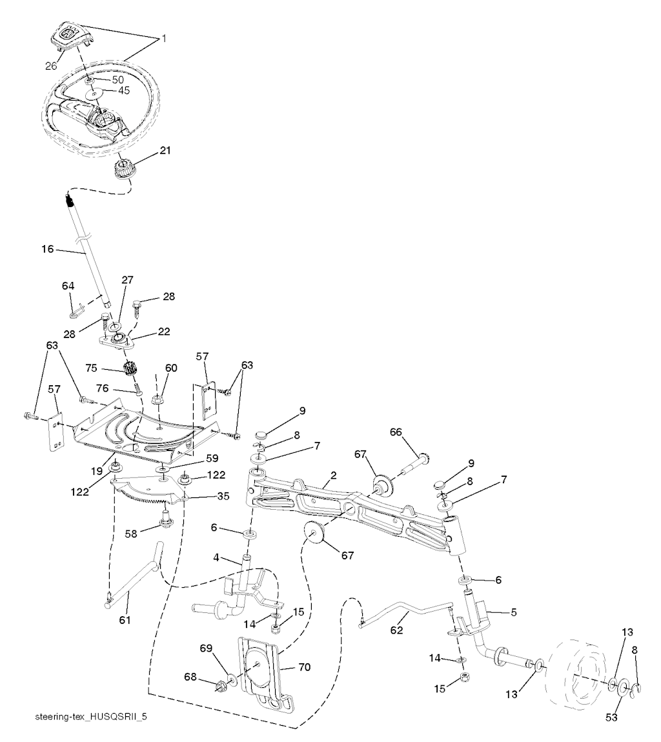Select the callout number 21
click(x=165, y=151)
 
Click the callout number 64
click(x=68, y=285)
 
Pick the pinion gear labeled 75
click(x=132, y=372)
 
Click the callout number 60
click(x=170, y=368)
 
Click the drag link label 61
click(x=125, y=620)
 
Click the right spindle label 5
click(x=514, y=612)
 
